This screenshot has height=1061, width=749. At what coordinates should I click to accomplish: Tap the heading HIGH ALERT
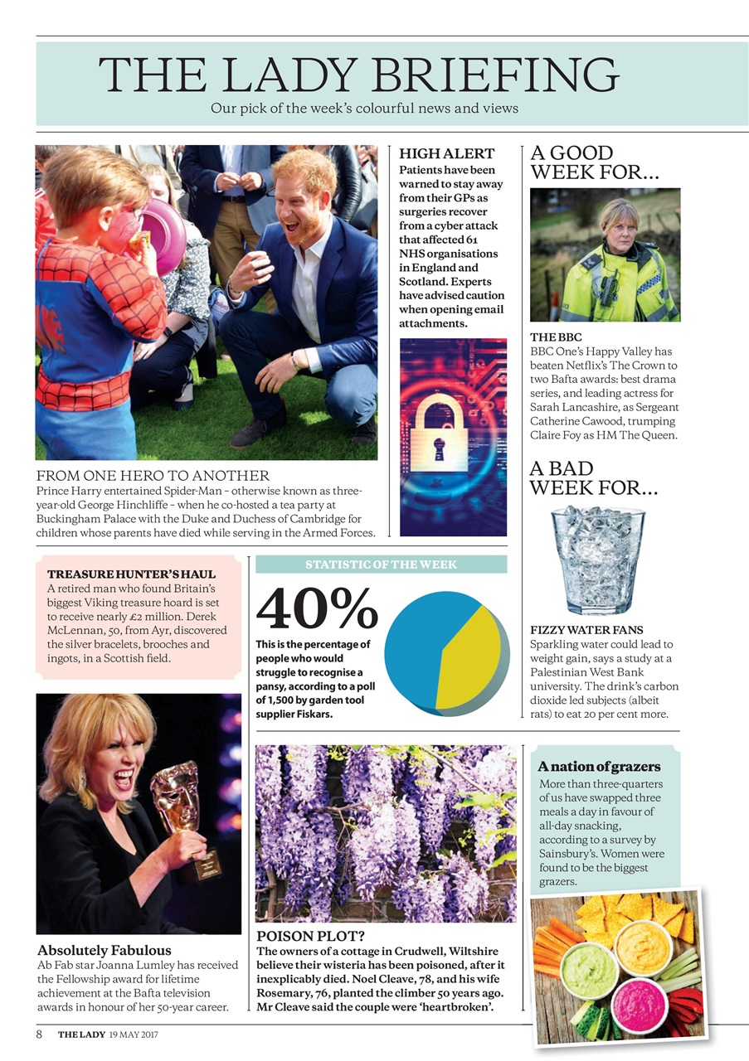446,153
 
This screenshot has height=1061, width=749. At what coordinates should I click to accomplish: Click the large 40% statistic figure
317,609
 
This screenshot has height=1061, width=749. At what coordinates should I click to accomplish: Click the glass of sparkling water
597,559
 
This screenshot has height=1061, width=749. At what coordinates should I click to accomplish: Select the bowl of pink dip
640,1005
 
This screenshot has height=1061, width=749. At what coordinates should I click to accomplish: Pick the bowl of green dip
590,970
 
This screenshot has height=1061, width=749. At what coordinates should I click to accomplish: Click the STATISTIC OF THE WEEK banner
381,564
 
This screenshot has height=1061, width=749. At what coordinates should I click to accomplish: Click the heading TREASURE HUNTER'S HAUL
131,574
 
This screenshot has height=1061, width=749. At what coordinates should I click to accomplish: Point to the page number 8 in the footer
39,1034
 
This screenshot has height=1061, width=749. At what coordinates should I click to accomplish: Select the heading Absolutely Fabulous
105,950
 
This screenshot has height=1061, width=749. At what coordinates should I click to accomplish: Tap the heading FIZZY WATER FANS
586,630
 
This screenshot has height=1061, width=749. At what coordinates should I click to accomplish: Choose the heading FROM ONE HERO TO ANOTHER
153,476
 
